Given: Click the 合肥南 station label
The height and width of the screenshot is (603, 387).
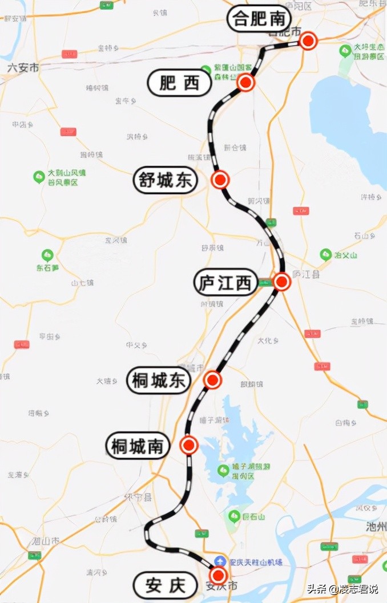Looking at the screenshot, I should pos(256,19).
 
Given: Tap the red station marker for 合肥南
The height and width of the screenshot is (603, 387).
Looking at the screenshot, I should pos(308,40).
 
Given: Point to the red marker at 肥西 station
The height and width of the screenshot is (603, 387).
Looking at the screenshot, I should pos(246,83).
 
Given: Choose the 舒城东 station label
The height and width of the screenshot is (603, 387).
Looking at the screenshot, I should pos(164,181).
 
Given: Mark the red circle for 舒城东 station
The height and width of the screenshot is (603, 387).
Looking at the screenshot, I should pos(220,180).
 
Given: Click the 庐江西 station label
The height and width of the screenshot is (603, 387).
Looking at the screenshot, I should pos(225,283).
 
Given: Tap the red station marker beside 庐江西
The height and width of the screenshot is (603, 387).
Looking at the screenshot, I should pos(282,282).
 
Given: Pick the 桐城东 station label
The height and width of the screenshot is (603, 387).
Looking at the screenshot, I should pos(159,381).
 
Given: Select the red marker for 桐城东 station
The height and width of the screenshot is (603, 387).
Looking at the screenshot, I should pos(212,380).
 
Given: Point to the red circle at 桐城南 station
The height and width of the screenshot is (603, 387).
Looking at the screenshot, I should pos(188,445).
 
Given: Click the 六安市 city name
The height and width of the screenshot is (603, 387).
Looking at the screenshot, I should pos(23,67).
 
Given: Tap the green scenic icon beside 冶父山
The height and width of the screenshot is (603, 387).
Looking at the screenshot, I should pos(326,254).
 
